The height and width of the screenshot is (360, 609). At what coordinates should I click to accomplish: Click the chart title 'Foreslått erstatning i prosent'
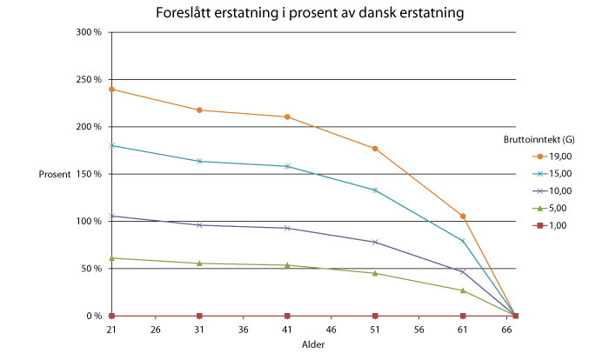tap(309, 13)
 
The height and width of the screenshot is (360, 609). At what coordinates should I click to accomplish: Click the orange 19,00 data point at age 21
tap(111, 90)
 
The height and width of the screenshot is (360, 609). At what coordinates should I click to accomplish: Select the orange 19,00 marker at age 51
tap(375, 149)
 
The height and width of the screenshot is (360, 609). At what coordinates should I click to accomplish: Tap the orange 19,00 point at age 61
tap(463, 217)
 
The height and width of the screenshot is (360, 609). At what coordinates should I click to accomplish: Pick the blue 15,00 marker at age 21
tap(111, 145)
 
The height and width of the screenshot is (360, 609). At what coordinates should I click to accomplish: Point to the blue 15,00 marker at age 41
tap(287, 166)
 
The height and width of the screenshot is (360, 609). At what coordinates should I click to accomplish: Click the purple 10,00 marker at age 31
tap(199, 225)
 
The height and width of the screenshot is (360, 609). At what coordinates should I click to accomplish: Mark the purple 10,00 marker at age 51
tap(375, 242)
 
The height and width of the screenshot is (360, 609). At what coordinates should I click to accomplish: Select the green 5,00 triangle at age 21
tap(111, 258)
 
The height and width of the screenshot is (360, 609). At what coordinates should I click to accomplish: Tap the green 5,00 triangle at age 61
tap(463, 290)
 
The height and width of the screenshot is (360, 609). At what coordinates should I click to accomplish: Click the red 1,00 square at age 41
tap(287, 316)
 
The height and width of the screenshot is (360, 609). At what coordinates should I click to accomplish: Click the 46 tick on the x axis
tap(331, 330)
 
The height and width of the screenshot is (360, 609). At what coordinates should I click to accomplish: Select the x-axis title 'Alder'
tap(313, 345)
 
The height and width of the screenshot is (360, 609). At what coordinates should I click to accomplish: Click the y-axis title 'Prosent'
tap(55, 175)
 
